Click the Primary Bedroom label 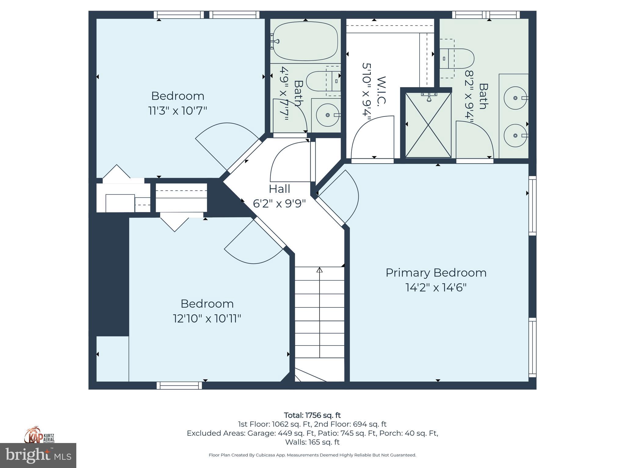(x=436, y=273)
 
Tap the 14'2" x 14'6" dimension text (x=436, y=287)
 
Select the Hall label (x=279, y=189)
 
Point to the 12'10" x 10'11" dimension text (x=207, y=319)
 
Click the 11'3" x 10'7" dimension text (x=178, y=111)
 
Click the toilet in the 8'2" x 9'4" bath (x=458, y=58)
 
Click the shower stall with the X (x=428, y=125)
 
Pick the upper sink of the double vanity (x=515, y=98)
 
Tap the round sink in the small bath (x=327, y=115)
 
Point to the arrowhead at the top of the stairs (x=320, y=270)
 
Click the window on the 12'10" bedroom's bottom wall (x=179, y=385)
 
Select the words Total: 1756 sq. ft (x=312, y=415)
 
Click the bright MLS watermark (x=38, y=456)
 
